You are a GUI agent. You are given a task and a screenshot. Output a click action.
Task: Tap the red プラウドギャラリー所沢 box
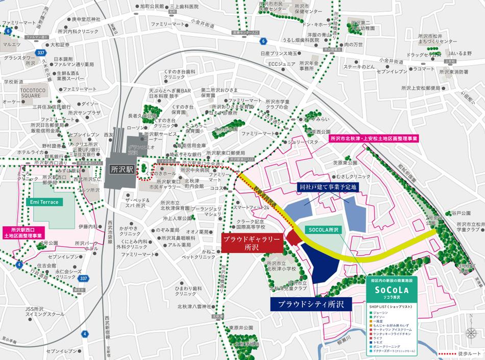click(252, 243)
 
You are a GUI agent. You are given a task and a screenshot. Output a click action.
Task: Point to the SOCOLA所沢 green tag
click(323, 230)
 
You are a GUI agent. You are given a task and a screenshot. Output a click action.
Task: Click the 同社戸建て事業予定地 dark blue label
click(328, 187)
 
